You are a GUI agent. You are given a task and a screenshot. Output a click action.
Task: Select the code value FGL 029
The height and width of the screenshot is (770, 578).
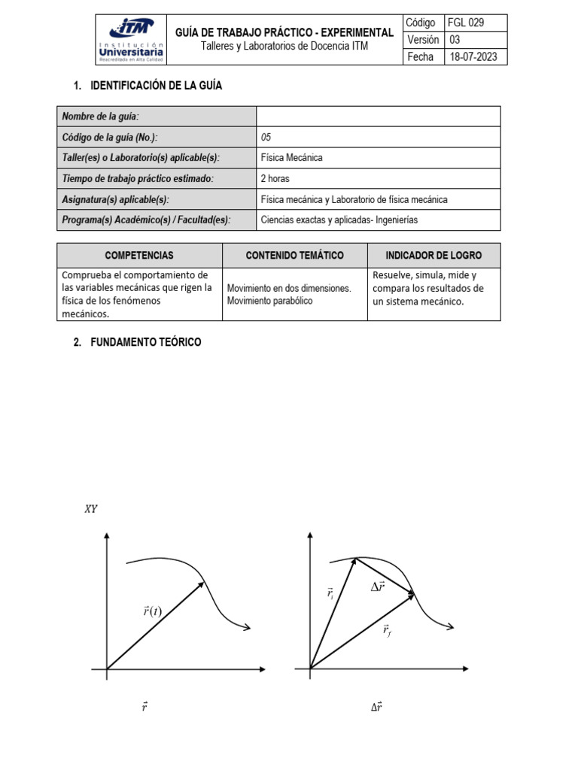[x=467, y=23]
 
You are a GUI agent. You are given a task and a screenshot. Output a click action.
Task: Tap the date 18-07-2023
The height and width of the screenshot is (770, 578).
[x=473, y=56]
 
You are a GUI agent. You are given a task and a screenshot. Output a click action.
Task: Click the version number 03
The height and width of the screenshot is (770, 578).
[x=455, y=40]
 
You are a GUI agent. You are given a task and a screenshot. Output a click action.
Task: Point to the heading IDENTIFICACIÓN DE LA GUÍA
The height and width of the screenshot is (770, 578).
[x=156, y=86]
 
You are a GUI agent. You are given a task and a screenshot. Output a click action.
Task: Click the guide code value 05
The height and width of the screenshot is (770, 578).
[x=266, y=137]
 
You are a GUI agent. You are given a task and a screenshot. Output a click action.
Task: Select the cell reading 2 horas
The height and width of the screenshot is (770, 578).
[x=275, y=179]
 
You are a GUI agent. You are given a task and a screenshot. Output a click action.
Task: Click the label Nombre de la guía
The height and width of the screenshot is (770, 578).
[x=100, y=116]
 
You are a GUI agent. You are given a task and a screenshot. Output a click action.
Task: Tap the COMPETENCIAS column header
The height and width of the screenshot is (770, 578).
[x=139, y=256]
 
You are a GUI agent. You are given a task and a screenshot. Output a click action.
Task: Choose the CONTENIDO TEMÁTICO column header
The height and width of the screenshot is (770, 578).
[x=294, y=256]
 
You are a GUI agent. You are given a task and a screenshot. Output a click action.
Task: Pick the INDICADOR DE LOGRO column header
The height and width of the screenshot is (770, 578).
[x=433, y=256]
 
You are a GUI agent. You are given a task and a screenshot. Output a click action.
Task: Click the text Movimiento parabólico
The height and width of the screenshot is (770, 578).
[x=269, y=301]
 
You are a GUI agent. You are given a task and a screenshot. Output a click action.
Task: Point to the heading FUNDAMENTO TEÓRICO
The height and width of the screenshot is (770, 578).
[x=145, y=342]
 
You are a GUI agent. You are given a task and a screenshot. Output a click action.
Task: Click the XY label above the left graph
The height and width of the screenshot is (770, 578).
[x=90, y=509]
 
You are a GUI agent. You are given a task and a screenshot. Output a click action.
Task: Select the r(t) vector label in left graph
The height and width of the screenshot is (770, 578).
[x=151, y=611]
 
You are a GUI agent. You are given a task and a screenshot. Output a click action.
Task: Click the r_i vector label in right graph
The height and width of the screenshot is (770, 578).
[x=330, y=594]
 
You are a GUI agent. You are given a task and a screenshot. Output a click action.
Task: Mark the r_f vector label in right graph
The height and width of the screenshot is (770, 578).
[x=386, y=630]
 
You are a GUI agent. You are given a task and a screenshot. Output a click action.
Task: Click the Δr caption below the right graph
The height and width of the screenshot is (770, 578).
[x=376, y=707]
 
